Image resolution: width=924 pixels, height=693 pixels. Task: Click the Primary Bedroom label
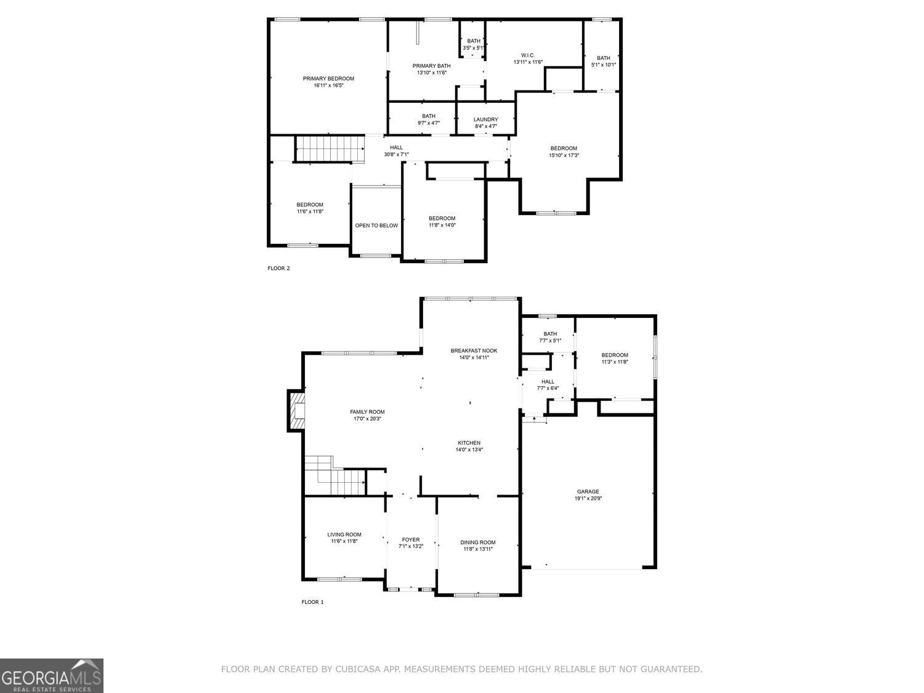(328, 78)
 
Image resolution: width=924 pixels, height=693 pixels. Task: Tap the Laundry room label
(485, 120)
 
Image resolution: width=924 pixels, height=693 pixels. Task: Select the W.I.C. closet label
(528, 55)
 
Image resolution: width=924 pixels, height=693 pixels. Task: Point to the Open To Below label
(376, 225)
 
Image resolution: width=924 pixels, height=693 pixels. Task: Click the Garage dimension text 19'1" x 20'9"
(588, 498)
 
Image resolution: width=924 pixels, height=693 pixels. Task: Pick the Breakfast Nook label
(474, 351)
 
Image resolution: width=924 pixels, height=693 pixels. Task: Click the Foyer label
(411, 540)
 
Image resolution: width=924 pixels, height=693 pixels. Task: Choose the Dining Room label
(478, 542)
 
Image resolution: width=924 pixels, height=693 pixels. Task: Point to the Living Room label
(344, 534)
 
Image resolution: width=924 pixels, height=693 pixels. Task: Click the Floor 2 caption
(278, 268)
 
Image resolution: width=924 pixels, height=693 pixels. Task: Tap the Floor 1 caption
(312, 602)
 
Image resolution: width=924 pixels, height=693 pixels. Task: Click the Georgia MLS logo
(52, 676)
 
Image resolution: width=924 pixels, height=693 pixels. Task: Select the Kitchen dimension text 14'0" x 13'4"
(469, 450)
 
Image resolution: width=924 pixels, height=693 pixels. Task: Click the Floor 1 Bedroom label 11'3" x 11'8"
(615, 355)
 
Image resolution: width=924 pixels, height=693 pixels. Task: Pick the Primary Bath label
(431, 66)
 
